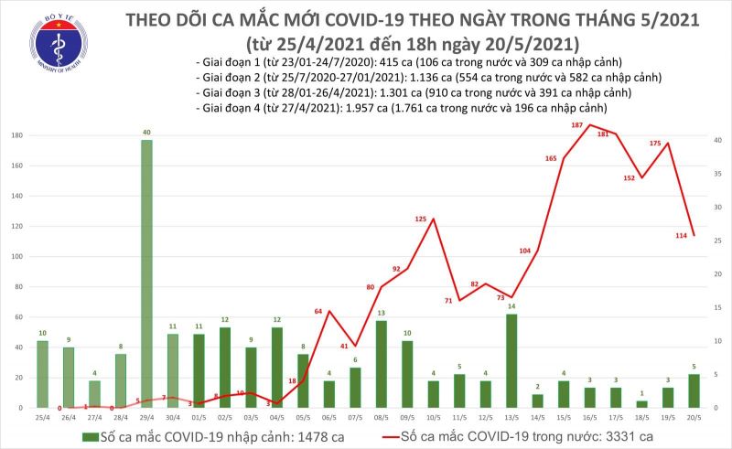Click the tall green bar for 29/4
[146, 273]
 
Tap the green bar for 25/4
[42, 374]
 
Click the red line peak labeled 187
[589, 124]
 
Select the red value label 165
[551, 159]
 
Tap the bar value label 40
[146, 134]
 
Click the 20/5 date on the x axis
[694, 416]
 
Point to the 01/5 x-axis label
[199, 416]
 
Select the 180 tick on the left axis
[16, 135]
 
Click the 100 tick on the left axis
[16, 257]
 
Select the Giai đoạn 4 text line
[403, 109]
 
